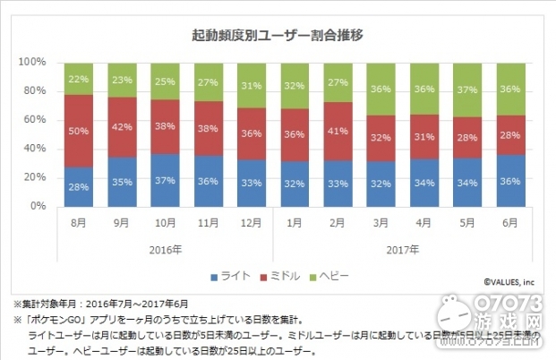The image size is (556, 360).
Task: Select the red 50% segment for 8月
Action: tap(79, 131)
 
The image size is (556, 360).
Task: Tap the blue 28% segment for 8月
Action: tap(79, 185)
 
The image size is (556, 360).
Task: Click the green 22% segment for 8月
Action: tap(79, 79)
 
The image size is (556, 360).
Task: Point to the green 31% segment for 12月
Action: tap(252, 86)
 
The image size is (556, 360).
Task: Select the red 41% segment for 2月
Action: tap(338, 131)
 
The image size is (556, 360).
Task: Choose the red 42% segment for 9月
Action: tap(123, 126)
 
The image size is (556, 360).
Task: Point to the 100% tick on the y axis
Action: tap(32, 63)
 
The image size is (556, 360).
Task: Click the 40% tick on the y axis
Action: tap(34, 149)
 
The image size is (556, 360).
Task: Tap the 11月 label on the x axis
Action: tap(210, 222)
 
